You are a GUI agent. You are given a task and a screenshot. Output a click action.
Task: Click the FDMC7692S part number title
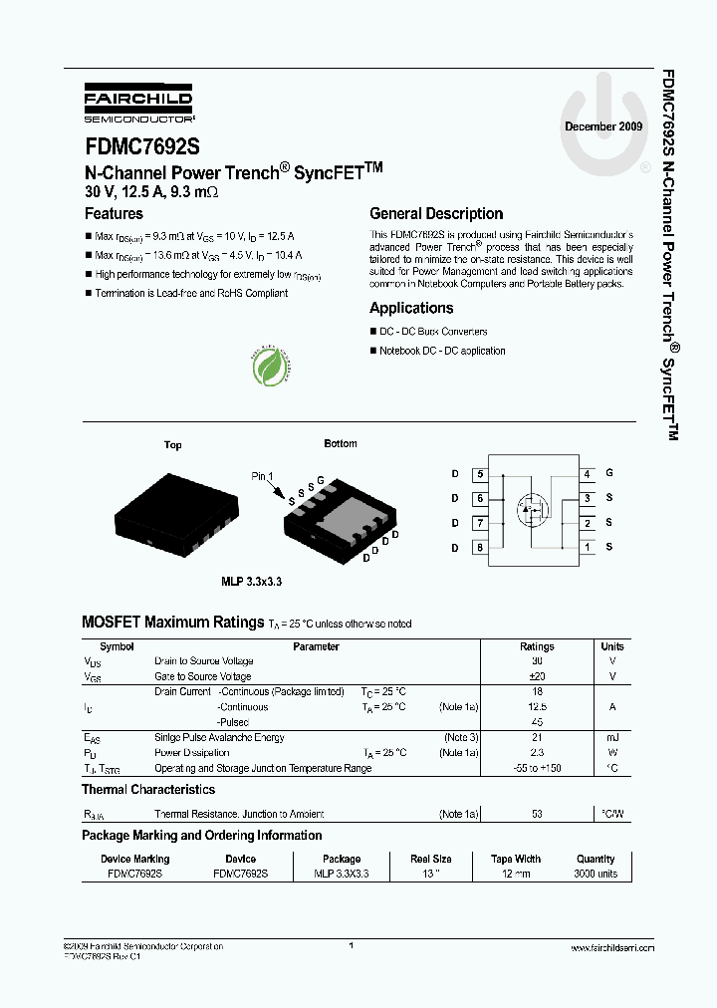point(141,146)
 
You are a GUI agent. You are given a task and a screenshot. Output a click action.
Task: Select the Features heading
point(114,214)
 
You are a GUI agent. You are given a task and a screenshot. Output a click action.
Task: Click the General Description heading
point(436,214)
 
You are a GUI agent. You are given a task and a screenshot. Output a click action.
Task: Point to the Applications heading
point(411,309)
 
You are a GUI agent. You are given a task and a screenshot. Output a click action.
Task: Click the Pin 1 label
point(262,477)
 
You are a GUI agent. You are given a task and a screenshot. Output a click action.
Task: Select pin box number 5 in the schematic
point(480,475)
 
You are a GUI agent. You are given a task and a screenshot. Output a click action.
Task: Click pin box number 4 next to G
point(588,474)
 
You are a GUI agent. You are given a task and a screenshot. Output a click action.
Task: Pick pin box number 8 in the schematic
point(480,547)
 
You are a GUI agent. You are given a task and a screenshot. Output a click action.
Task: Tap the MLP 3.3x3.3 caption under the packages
point(252,581)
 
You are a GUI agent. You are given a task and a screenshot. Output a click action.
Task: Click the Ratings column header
point(537,646)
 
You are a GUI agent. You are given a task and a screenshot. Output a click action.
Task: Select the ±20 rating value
point(537,676)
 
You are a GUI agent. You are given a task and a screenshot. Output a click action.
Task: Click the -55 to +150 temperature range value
point(537,768)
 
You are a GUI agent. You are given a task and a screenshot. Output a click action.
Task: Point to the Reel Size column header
point(430,859)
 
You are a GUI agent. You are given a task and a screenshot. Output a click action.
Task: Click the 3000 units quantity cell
point(596,874)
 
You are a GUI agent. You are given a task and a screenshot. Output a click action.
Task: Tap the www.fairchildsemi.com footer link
point(611,948)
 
